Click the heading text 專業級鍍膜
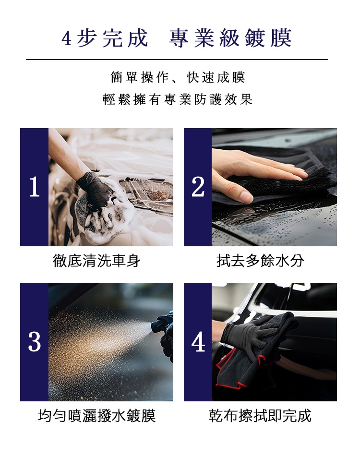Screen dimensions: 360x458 pyautogui.click(x=230, y=38)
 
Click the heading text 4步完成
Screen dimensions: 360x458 pyautogui.click(x=105, y=38)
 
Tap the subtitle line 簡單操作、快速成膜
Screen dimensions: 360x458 pyautogui.click(x=178, y=77)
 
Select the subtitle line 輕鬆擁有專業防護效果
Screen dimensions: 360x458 pyautogui.click(x=178, y=99)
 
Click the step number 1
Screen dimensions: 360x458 pyautogui.click(x=35, y=187)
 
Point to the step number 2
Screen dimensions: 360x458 pyautogui.click(x=198, y=187)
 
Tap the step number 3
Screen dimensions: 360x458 pyautogui.click(x=35, y=342)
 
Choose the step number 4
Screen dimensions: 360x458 pyautogui.click(x=198, y=342)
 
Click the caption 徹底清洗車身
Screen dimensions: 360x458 pyautogui.click(x=96, y=261)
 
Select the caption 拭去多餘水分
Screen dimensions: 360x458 pyautogui.click(x=260, y=261)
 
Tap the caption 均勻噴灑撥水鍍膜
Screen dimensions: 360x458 pyautogui.click(x=96, y=416)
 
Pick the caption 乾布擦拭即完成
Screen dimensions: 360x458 pyautogui.click(x=260, y=416)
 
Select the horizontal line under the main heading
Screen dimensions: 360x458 pyautogui.click(x=177, y=60)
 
